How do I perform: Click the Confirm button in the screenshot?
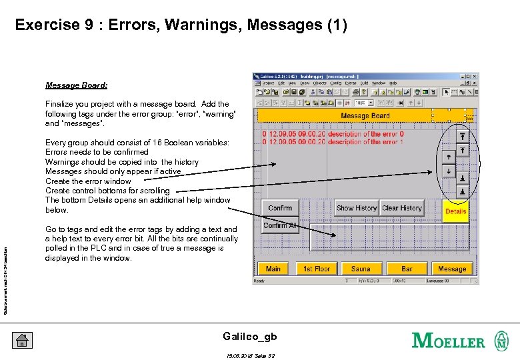tap(280, 208)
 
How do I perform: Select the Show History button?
tap(357, 208)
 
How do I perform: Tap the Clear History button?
tap(402, 208)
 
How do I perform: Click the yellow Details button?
tap(456, 211)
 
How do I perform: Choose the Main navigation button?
tap(273, 269)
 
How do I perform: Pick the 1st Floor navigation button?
tap(317, 269)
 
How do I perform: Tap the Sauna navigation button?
tap(361, 269)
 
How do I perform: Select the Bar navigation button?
tap(407, 269)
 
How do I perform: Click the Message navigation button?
tap(452, 269)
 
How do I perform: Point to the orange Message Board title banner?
tap(365, 115)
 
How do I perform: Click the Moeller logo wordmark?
tap(449, 341)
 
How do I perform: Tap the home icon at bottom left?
tap(21, 340)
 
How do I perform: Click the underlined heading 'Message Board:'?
tap(77, 85)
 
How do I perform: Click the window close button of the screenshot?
tap(475, 76)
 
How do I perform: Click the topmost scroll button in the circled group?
tap(462, 136)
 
